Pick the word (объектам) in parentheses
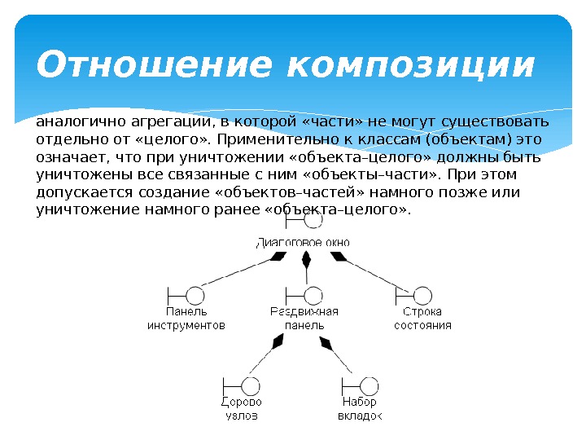pos(458,140)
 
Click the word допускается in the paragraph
pos(80,192)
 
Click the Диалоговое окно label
pos(304,241)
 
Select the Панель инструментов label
pos(186,319)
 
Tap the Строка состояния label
pos(422,319)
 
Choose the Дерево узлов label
pos(242,409)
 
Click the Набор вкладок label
pos(360,409)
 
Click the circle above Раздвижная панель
pos(313,295)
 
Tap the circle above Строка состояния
pos(422,295)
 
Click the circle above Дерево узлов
pos(251,385)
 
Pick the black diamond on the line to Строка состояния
pos(338,256)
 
